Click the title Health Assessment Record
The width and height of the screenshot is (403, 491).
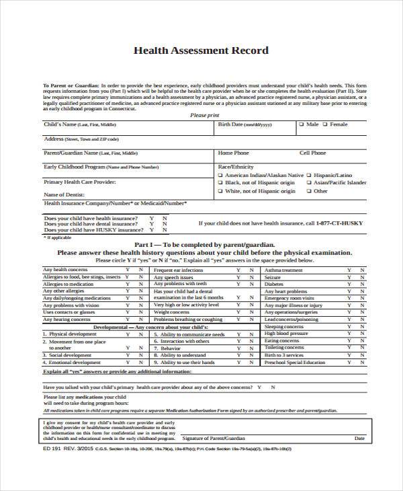(201, 50)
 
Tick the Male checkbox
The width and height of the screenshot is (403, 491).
(302, 124)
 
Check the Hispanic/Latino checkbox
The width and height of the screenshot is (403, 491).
(309, 174)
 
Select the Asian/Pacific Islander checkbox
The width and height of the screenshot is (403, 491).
(309, 182)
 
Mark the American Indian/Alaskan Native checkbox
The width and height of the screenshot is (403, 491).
(220, 174)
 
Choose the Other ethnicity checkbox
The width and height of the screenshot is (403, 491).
(309, 191)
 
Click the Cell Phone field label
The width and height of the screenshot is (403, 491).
(313, 153)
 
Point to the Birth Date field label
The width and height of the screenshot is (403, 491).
(235, 125)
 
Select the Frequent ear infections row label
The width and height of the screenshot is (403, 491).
(178, 270)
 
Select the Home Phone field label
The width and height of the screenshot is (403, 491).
(233, 153)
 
